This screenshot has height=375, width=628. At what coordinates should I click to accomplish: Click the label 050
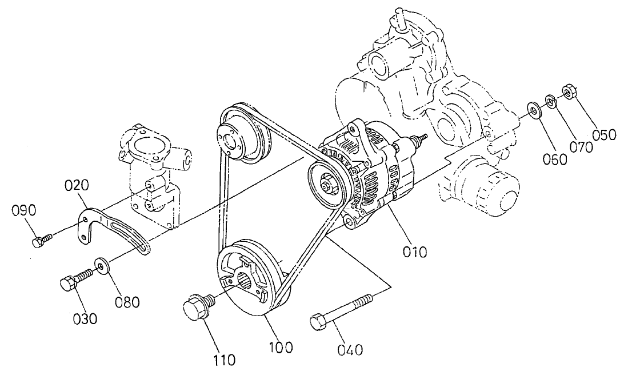click(603, 135)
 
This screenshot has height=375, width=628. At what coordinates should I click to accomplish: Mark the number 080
click(126, 301)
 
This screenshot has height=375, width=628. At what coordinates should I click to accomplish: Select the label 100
click(281, 346)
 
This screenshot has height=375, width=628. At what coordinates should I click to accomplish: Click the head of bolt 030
click(68, 282)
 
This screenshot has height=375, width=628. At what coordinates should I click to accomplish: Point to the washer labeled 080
click(101, 265)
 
